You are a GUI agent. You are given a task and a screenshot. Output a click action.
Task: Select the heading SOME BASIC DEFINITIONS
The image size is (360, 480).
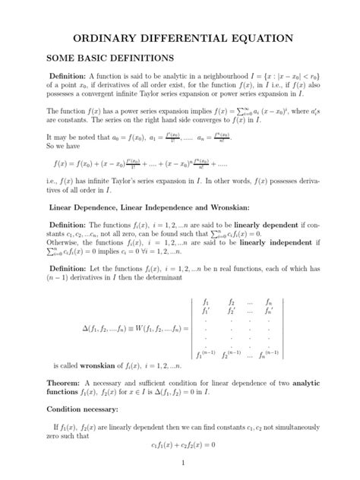pos(110,58)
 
